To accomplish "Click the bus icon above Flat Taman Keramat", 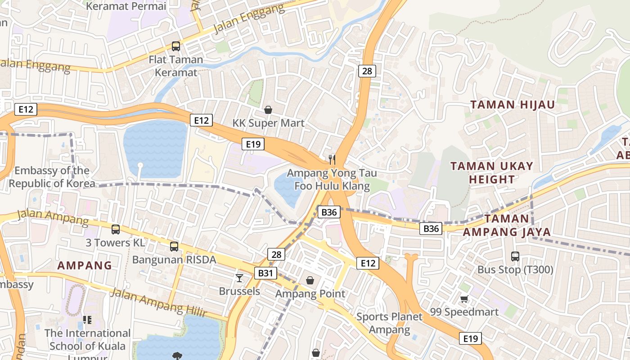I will coord(175,46).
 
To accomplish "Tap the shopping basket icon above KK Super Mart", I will coord(268,110).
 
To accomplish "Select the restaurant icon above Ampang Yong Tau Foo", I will coord(332,159).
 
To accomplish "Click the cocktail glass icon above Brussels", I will coord(239,278).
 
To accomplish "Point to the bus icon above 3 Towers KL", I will coord(116,229).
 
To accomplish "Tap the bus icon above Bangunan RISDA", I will coord(174,246).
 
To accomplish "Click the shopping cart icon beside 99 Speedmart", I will coord(464,299).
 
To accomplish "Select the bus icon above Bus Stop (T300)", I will coord(515,256).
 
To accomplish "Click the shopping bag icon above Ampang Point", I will coord(310,280).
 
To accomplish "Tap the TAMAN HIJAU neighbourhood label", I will coord(513,105).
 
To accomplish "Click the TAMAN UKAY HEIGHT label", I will coord(492,172).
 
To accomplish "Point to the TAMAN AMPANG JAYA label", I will coord(507,225).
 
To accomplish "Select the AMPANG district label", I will coord(85,265).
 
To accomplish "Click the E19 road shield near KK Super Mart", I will coord(253,144).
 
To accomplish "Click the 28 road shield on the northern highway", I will coord(367,71).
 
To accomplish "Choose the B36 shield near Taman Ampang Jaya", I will coord(431,229).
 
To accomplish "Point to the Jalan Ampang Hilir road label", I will coord(158,302).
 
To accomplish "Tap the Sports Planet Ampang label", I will coord(390,323).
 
